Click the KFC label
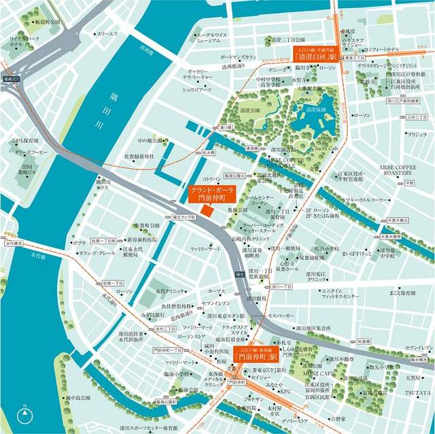pyautogui.click(x=285, y=392)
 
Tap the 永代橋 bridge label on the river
pyautogui.click(x=12, y=243)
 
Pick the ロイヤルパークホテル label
pyautogui.click(x=24, y=43)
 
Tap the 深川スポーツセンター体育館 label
pyautogui.click(x=149, y=429)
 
